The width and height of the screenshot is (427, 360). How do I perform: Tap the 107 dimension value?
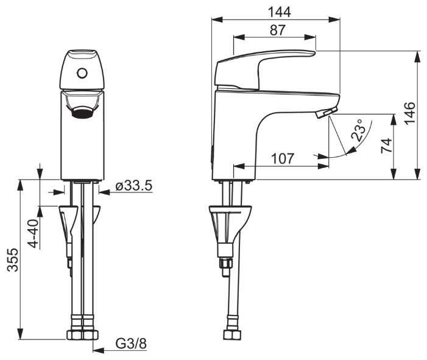[281, 159]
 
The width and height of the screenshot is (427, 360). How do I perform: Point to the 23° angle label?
[360, 131]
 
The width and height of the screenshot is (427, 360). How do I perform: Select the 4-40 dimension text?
[34, 233]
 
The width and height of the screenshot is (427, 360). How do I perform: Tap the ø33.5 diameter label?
[133, 186]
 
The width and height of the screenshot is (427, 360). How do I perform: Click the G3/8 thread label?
[131, 344]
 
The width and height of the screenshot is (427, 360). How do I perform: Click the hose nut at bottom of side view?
[231, 336]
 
